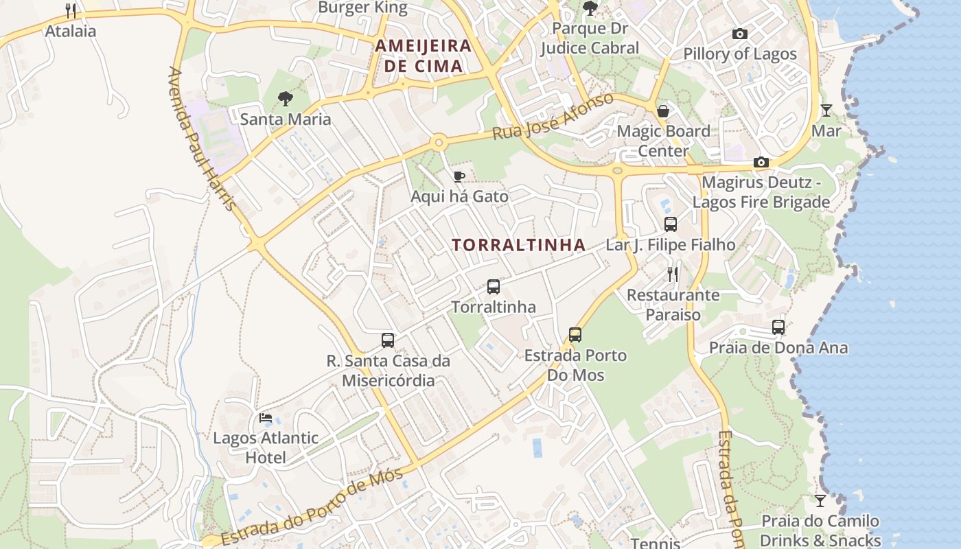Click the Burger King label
click(362, 8)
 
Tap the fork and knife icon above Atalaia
click(71, 11)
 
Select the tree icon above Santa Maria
click(286, 100)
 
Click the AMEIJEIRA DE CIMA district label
click(423, 56)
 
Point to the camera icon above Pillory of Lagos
click(739, 34)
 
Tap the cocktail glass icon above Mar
click(826, 110)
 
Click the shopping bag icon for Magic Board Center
click(663, 111)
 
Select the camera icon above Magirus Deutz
click(761, 163)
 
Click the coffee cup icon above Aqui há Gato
click(459, 177)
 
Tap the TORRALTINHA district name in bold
click(519, 245)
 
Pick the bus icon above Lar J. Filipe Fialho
click(671, 224)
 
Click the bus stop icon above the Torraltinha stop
click(493, 287)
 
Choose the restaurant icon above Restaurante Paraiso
click(673, 274)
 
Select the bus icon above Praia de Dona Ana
click(778, 327)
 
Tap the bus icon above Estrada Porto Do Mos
click(575, 335)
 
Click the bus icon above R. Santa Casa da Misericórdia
click(388, 340)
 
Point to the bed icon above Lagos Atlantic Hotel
click(265, 417)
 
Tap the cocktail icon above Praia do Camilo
click(820, 500)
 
